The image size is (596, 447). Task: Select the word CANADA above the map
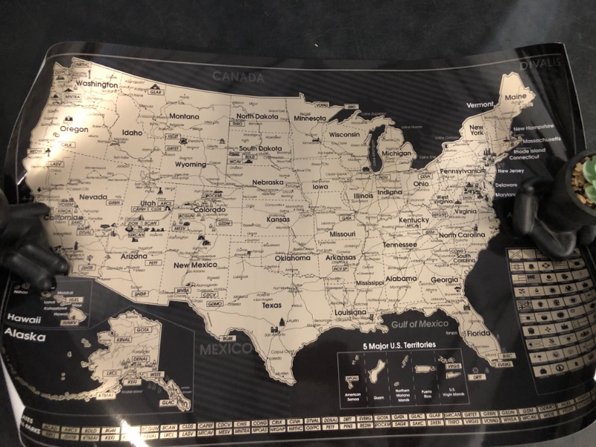(x=238, y=77)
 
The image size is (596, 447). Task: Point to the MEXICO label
(x=225, y=349)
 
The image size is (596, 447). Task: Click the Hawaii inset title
(x=22, y=318)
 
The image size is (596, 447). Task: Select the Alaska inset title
(x=23, y=337)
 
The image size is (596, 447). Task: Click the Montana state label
(x=184, y=117)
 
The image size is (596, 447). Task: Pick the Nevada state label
(x=94, y=198)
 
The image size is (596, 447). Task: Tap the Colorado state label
(x=209, y=210)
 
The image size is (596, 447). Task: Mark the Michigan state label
(x=397, y=154)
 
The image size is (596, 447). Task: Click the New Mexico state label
(x=194, y=265)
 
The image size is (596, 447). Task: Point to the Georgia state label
(x=445, y=280)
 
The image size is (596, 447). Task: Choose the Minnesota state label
(x=308, y=118)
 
